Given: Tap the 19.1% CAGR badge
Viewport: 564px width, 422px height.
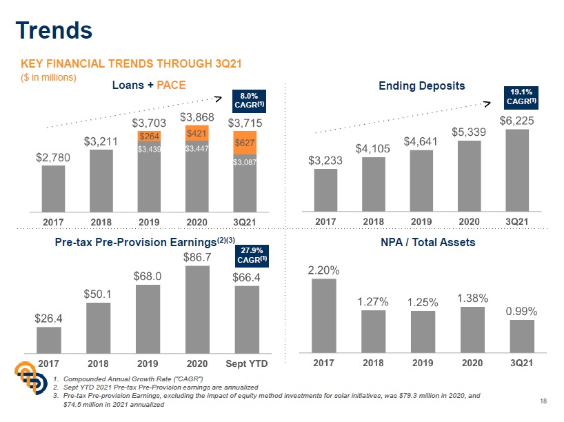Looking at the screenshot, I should (522, 97).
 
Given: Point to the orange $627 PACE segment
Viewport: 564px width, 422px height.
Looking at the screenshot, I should (244, 143).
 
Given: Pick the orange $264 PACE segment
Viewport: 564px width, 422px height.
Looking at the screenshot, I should (149, 137).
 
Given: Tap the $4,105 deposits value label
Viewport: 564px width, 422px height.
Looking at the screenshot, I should (354, 148).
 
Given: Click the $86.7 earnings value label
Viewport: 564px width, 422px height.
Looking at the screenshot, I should (197, 257).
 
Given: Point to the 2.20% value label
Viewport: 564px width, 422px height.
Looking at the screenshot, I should (323, 270).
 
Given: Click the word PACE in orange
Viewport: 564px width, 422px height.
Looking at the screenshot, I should (171, 85).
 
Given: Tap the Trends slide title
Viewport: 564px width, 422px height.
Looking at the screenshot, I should (54, 30).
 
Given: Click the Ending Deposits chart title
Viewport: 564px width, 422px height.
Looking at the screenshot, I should (422, 86).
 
